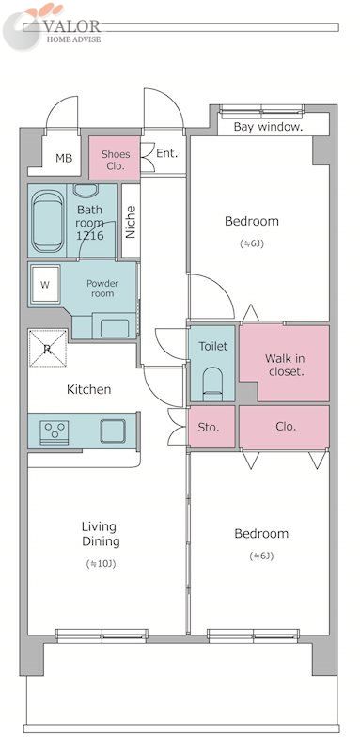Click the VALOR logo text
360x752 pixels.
pyautogui.click(x=71, y=26)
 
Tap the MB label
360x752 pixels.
pyautogui.click(x=63, y=158)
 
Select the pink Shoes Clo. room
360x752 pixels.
pyautogui.click(x=115, y=158)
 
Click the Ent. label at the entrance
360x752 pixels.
pyautogui.click(x=167, y=154)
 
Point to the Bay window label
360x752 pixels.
pyautogui.click(x=268, y=127)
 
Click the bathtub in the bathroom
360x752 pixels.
pyautogui.click(x=47, y=221)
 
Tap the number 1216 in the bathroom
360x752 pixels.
pyautogui.click(x=90, y=236)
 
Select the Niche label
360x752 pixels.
pyautogui.click(x=131, y=222)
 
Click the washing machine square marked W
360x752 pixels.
pyautogui.click(x=44, y=285)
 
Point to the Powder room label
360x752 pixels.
pyautogui.click(x=102, y=289)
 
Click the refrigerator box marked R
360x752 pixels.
pyautogui.click(x=47, y=348)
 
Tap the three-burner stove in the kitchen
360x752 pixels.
pyautogui.click(x=55, y=432)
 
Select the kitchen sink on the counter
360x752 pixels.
pyautogui.click(x=113, y=431)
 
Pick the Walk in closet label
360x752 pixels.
pyautogui.click(x=285, y=365)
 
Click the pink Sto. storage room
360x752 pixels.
pyautogui.click(x=211, y=427)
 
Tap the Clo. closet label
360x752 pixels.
pyautogui.click(x=285, y=426)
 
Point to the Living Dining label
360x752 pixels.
pyautogui.click(x=101, y=534)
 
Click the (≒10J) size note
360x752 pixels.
pyautogui.click(x=101, y=563)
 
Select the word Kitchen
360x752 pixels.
pyautogui.click(x=88, y=389)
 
